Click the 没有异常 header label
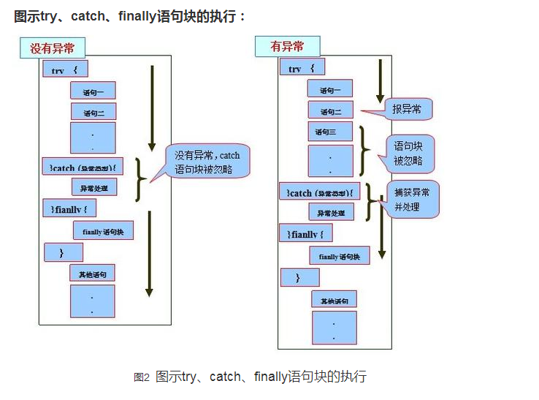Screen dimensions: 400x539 (53, 48)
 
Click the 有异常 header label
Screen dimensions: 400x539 (287, 47)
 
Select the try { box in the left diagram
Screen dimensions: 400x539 (64, 70)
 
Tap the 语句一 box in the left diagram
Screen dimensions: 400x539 (93, 91)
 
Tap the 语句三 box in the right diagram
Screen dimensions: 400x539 (330, 132)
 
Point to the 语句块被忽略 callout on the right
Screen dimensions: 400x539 (413, 152)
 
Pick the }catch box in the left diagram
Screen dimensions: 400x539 (83, 168)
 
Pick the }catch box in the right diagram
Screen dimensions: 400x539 (320, 192)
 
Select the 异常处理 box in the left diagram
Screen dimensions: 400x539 (94, 187)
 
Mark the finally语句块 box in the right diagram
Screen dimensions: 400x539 (340, 256)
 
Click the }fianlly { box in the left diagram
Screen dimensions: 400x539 (70, 208)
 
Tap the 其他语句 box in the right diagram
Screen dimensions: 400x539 (334, 300)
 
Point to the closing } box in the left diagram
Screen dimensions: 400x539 (64, 252)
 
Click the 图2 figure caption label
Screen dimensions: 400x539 (142, 377)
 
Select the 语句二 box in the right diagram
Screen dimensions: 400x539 (330, 111)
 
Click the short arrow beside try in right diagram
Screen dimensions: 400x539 (380, 80)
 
